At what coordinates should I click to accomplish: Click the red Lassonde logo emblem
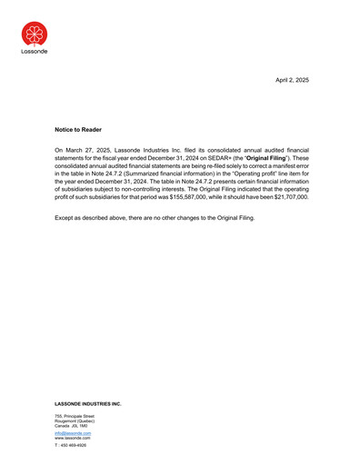pyautogui.click(x=35, y=34)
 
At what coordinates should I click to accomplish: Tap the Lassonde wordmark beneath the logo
pyautogui.click(x=35, y=52)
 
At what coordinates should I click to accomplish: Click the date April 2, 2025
pyautogui.click(x=292, y=81)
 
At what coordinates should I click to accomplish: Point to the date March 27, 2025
pyautogui.click(x=95, y=147)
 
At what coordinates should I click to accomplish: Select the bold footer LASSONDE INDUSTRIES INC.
pyautogui.click(x=87, y=403)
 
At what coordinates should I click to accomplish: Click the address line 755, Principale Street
pyautogui.click(x=75, y=416)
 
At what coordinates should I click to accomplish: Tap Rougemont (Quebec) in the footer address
pyautogui.click(x=75, y=420)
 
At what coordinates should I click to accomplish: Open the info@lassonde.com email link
pyautogui.click(x=73, y=433)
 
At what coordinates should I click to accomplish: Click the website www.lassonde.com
pyautogui.click(x=73, y=438)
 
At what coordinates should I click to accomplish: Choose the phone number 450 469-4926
pyautogui.click(x=76, y=446)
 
